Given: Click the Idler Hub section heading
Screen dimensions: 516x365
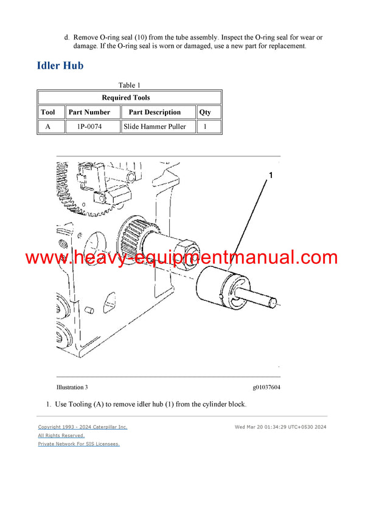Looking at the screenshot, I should coord(60,66).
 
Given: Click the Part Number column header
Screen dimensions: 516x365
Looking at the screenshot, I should coord(89,112).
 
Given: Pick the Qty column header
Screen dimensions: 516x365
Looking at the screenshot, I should coord(205,112).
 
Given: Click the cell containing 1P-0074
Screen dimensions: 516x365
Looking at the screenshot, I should coord(89,127).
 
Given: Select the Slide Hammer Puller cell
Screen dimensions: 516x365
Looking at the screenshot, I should coord(155,127).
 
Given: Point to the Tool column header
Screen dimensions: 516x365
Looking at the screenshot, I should coord(47,112).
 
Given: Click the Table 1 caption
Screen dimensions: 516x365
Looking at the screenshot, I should coord(129,85).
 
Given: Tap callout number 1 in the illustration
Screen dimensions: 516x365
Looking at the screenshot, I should coord(271,176).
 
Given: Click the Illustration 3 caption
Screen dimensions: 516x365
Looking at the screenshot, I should coord(72,387).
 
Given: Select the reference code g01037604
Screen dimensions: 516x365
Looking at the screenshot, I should coord(266,387).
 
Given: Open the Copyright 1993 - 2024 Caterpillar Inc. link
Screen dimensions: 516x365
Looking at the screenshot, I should coord(83,427).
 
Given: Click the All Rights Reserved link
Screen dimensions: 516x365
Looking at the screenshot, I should coord(61,436).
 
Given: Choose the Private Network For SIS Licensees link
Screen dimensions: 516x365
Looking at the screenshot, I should coord(78,444).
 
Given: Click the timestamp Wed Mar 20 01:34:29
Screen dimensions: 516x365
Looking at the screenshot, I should coord(280,427).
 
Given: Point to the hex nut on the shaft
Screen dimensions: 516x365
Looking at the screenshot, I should coord(186,250).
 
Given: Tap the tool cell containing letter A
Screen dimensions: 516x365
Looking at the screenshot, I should coord(47,127).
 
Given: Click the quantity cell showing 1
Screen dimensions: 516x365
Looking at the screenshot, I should coord(205,127).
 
